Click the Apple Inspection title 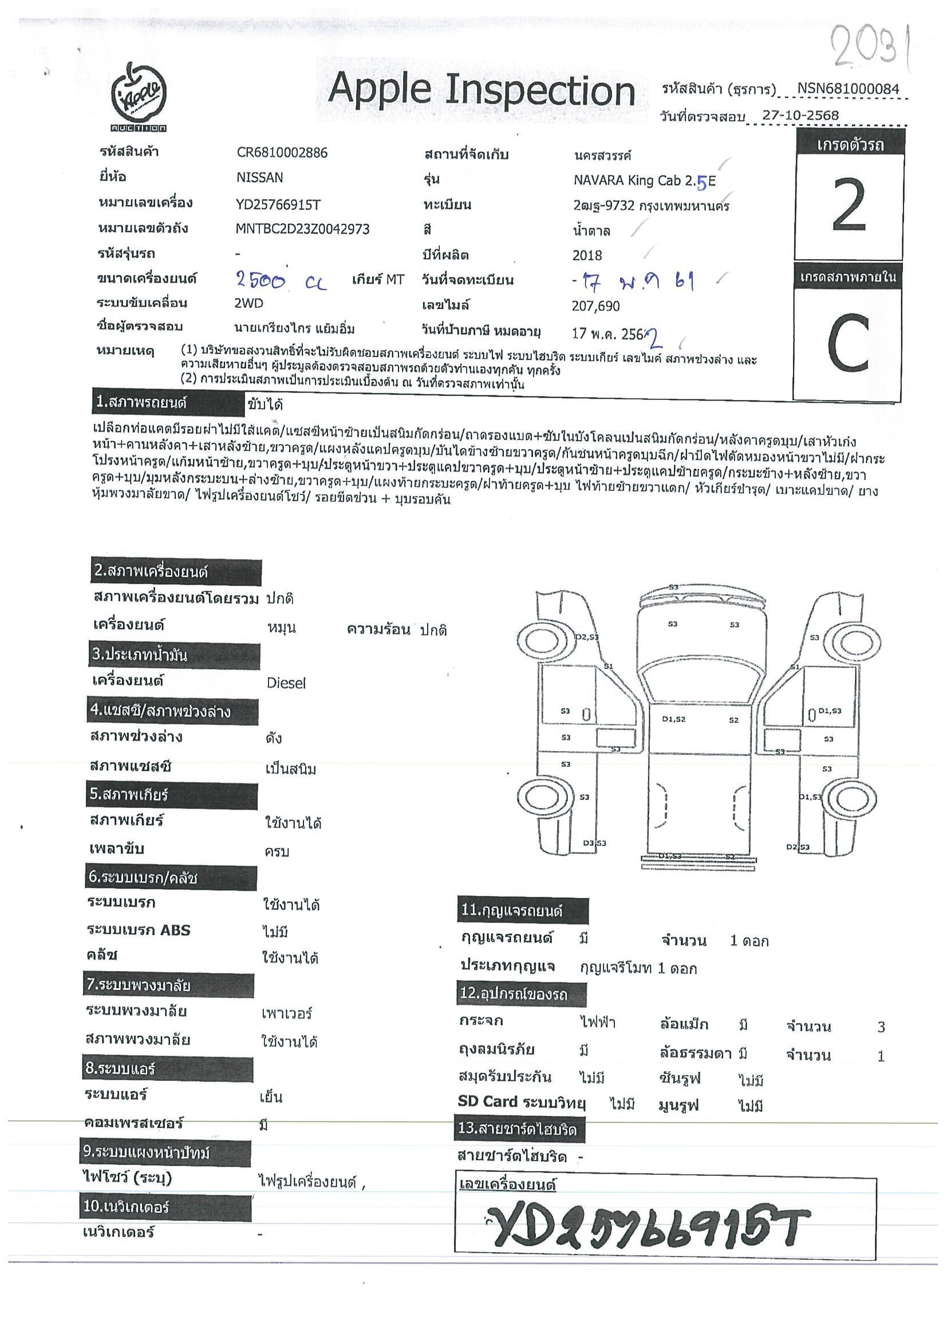482,91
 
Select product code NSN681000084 848,89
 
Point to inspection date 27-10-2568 800,116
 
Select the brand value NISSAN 259,177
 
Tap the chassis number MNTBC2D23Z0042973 302,229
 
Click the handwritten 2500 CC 281,282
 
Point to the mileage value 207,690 596,306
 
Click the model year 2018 587,255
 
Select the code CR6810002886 282,153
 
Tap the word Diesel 286,683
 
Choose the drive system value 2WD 248,303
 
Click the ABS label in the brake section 175,930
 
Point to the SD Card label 487,1102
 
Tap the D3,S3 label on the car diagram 594,843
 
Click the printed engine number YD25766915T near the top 278,204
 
